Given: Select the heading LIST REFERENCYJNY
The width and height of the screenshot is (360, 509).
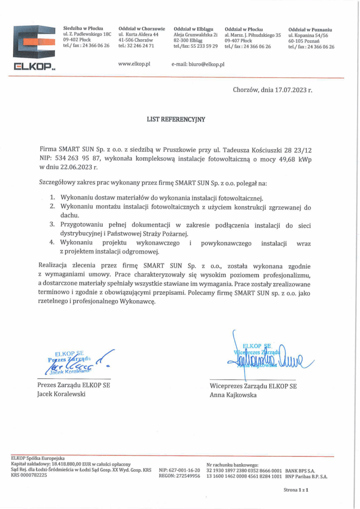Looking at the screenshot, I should [x=176, y=120].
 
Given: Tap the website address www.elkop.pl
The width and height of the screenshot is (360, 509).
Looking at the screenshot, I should [x=134, y=64].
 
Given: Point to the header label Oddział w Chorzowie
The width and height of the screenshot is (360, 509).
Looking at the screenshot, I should [x=142, y=29].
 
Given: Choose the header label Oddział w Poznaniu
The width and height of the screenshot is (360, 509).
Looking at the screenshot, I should [x=310, y=29].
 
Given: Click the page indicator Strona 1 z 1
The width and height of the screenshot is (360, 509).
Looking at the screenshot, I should [x=296, y=490].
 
